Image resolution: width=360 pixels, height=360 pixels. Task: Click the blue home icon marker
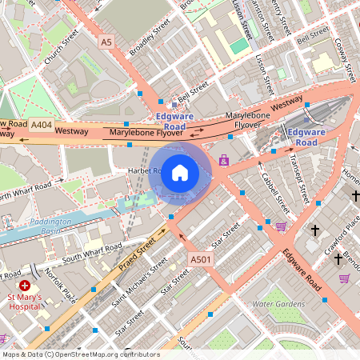(180, 172)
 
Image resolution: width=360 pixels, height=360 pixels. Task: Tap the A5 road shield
(106, 40)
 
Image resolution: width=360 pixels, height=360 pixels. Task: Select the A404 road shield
(41, 125)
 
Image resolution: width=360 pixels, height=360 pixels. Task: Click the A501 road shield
(200, 259)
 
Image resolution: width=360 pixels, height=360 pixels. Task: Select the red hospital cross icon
(25, 285)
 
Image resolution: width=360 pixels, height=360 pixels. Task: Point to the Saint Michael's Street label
(140, 283)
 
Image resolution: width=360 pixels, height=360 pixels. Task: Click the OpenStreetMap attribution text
(81, 354)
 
